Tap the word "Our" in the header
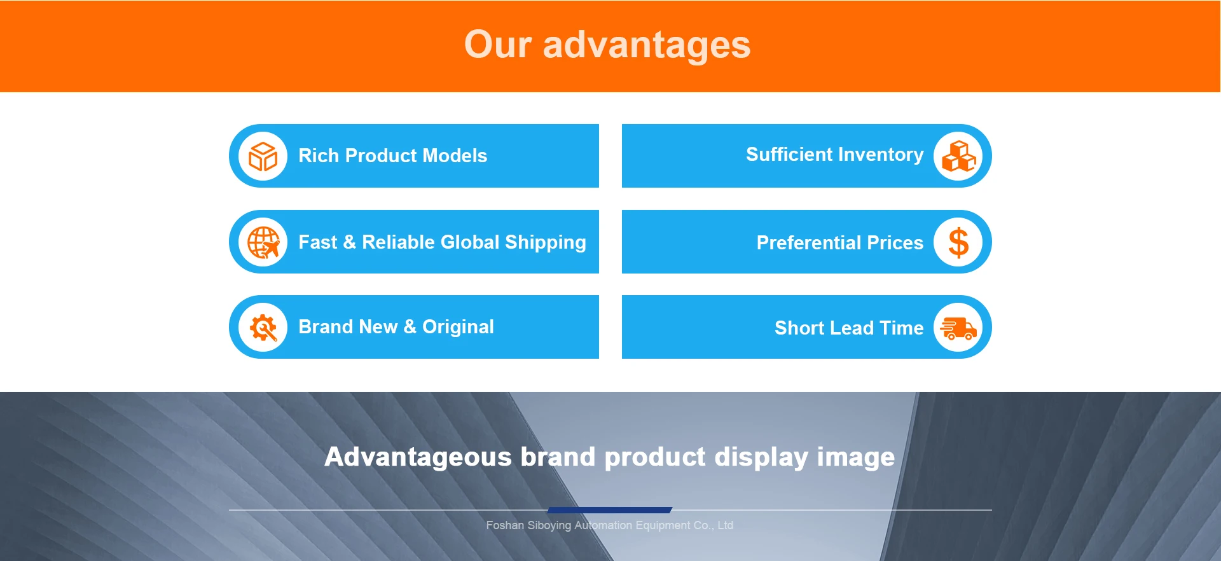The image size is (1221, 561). (x=498, y=45)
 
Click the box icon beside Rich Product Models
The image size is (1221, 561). (x=263, y=156)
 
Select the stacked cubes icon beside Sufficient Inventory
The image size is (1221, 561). (x=958, y=156)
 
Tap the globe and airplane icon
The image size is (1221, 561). (x=263, y=242)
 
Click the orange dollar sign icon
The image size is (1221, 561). (x=958, y=242)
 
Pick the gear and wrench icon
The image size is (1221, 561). (x=263, y=328)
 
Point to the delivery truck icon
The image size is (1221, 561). (x=958, y=328)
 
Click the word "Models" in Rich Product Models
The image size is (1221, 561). (x=455, y=156)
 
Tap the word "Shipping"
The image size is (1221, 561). (x=546, y=243)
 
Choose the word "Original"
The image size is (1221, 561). (x=458, y=328)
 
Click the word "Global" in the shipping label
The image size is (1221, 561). (x=470, y=242)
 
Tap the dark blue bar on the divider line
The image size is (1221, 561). (x=610, y=510)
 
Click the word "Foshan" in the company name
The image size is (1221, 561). (x=505, y=525)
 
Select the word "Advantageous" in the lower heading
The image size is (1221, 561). (x=418, y=457)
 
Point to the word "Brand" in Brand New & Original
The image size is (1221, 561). (x=326, y=327)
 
